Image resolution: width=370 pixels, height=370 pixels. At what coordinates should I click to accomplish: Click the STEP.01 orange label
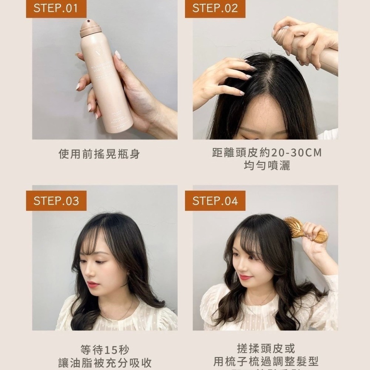56,9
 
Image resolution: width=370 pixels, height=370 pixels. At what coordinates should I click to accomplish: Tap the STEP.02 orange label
215,9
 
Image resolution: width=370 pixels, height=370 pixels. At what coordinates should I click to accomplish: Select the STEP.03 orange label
56,201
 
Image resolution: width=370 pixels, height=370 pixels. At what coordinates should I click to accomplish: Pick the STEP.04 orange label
215,201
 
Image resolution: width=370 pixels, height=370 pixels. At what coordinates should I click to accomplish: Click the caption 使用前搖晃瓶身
99,154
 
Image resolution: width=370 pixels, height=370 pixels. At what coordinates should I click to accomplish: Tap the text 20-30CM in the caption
296,153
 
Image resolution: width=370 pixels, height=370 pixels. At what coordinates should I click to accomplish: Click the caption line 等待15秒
105,349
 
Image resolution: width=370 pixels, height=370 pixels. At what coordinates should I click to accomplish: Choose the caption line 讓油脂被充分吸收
105,363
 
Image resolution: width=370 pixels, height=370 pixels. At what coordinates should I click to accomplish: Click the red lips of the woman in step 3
93,284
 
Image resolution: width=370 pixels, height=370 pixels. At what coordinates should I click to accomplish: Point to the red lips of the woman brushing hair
245,277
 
